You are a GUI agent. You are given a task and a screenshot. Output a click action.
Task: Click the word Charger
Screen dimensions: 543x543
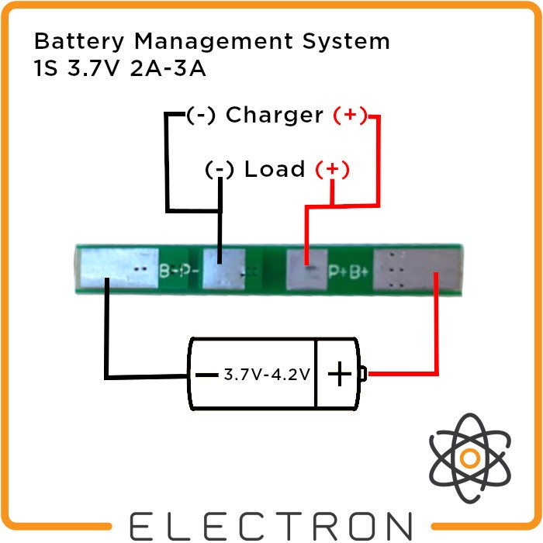[x=274, y=116]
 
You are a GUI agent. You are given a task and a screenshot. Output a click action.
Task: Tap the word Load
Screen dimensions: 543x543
[x=275, y=169]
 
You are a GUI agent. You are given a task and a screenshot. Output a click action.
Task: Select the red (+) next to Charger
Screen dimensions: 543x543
[x=350, y=116]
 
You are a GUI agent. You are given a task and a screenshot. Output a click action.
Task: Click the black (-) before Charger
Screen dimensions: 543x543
[x=201, y=116]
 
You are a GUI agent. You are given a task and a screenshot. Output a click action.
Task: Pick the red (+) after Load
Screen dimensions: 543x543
[x=331, y=169]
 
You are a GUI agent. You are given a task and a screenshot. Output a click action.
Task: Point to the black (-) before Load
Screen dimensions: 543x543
[x=220, y=169]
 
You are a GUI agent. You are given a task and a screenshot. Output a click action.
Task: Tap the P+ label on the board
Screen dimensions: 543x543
[x=337, y=271]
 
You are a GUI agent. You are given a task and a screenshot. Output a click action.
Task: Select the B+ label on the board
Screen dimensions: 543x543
[x=359, y=271]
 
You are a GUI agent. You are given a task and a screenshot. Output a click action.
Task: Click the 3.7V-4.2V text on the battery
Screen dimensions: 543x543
[x=267, y=375]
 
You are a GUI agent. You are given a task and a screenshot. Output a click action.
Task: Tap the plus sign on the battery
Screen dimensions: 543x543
[x=339, y=375]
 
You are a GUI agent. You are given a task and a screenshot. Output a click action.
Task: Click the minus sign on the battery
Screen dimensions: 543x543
[x=206, y=375]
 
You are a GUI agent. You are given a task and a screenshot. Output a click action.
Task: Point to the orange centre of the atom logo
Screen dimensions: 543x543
[x=469, y=458]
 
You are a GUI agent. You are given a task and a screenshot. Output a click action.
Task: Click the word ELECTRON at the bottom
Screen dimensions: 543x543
[x=271, y=524]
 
